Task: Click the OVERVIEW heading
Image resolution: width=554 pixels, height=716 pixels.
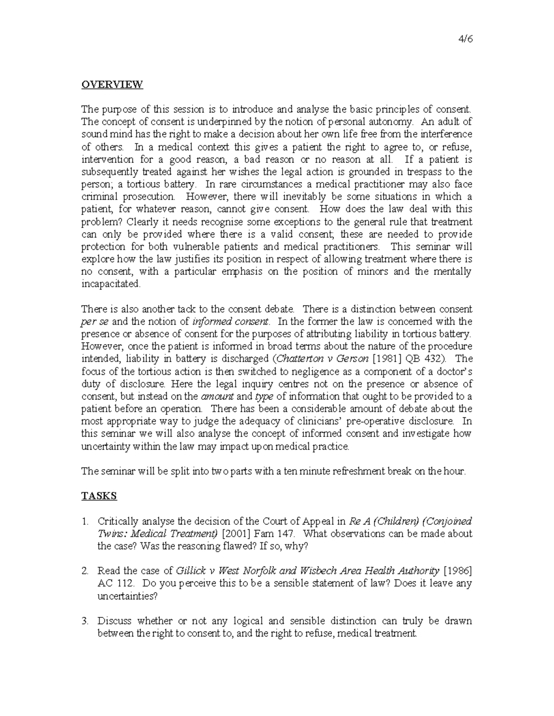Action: [112, 84]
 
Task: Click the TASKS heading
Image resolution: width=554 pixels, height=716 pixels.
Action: [99, 496]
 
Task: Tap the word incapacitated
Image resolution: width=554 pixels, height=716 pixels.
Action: [110, 284]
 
